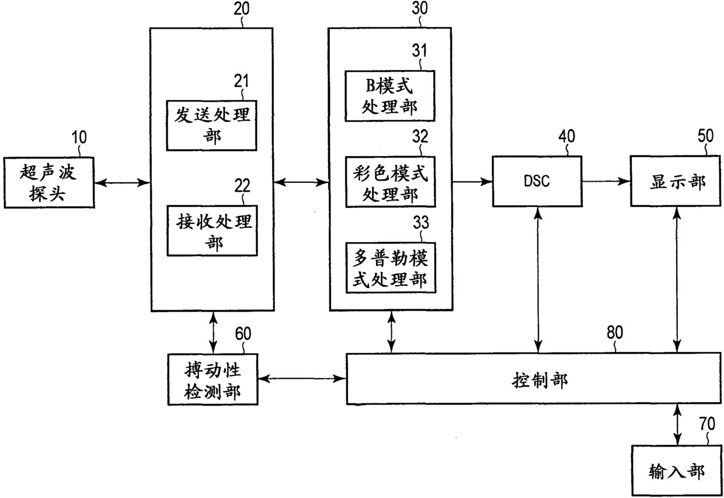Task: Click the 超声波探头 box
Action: point(49,182)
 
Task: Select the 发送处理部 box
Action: point(212,126)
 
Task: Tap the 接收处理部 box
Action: point(213,231)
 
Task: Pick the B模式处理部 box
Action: point(390,96)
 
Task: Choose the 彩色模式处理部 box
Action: point(391,182)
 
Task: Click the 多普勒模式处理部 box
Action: point(391,268)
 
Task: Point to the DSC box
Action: point(537,181)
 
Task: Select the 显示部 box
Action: point(676,181)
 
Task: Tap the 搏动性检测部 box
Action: point(213,379)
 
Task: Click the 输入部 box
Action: point(677,471)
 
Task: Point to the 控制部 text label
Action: point(539,380)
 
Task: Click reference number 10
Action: point(79,137)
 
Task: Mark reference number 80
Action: point(615,333)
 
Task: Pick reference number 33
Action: point(421,222)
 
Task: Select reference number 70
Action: point(707,424)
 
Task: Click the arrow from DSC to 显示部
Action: point(606,181)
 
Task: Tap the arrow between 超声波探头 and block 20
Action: point(122,183)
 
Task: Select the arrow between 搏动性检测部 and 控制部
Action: point(302,378)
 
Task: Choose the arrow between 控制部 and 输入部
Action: point(677,425)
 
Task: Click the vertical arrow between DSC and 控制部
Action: point(538,280)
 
